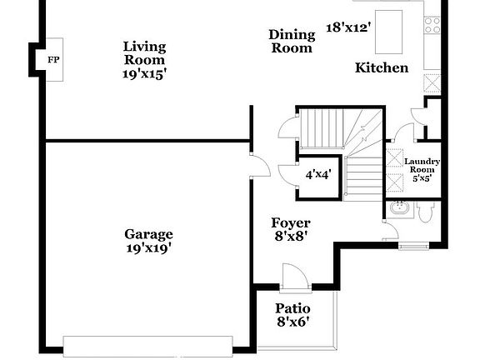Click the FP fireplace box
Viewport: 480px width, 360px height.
tap(53, 61)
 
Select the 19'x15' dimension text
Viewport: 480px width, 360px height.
tap(145, 73)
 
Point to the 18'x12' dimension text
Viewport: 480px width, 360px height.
tap(348, 27)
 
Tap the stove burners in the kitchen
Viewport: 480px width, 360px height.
tap(432, 25)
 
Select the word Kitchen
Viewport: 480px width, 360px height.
tap(382, 67)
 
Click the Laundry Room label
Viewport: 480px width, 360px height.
tap(422, 165)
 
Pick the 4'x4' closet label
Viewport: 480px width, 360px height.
tap(318, 175)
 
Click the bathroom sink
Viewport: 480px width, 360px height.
tap(398, 212)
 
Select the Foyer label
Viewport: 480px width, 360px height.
tap(291, 223)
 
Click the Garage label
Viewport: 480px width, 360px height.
tap(149, 234)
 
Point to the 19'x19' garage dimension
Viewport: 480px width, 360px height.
tap(149, 247)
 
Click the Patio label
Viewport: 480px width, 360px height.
tap(293, 309)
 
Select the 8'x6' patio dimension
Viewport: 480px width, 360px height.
tap(293, 322)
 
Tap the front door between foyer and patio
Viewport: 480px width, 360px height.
tap(295, 277)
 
